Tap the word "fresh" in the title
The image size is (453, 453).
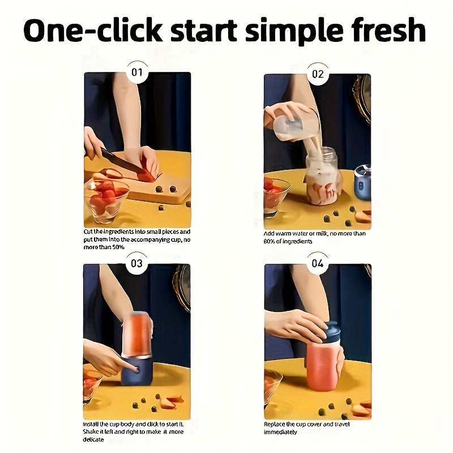[384, 31]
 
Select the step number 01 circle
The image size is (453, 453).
[137, 73]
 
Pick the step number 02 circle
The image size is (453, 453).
[318, 74]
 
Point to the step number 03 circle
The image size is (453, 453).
[137, 263]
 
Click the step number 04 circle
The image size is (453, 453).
[318, 263]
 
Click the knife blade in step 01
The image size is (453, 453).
[122, 162]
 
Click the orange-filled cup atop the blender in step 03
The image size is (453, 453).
[136, 335]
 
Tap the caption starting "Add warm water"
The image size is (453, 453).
[315, 237]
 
